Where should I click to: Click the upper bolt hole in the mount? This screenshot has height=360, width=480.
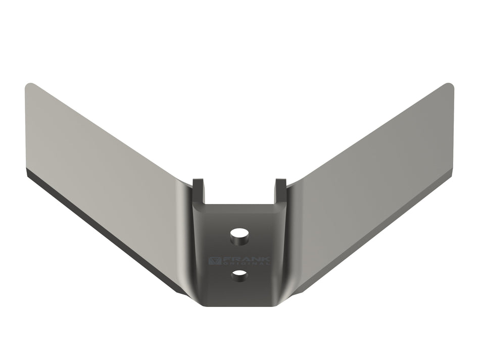pyautogui.click(x=239, y=235)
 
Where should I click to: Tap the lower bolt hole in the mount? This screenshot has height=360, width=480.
pyautogui.click(x=239, y=275)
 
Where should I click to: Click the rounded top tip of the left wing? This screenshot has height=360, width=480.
pyautogui.click(x=30, y=86)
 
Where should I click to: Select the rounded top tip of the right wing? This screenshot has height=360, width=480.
pyautogui.click(x=449, y=86)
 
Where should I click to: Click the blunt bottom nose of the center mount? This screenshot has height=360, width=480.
pyautogui.click(x=239, y=302)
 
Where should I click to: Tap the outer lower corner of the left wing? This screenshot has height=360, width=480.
pyautogui.click(x=26, y=174)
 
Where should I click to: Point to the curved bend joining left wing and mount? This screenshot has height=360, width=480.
pyautogui.click(x=185, y=237)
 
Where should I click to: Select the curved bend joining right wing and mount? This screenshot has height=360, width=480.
pyautogui.click(x=293, y=237)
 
